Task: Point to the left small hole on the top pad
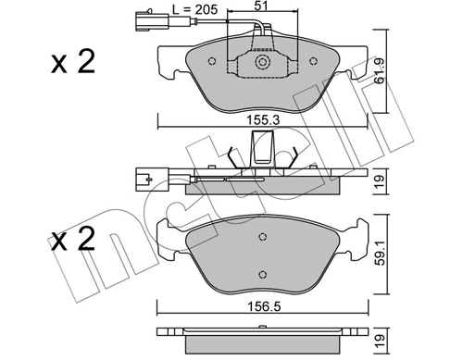214,63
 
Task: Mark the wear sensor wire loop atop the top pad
257,37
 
